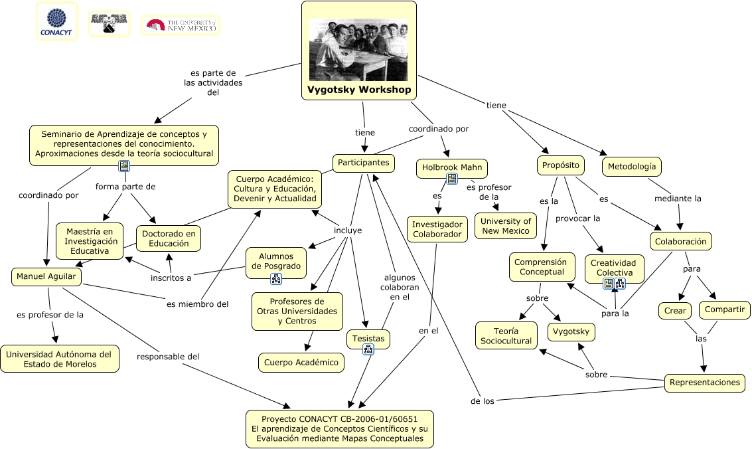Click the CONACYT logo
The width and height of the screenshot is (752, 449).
tap(56, 21)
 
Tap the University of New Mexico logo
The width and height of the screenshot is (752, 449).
tap(181, 25)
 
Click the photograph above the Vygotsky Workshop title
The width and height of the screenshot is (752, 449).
tap(358, 49)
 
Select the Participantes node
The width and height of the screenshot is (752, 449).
tap(363, 163)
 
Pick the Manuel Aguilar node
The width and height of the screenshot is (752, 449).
tap(46, 276)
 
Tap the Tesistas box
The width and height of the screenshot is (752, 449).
tap(368, 338)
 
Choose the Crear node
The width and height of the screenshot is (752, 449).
tap(675, 310)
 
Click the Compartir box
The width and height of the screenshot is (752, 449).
tap(724, 310)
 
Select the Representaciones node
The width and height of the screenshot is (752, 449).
tap(704, 382)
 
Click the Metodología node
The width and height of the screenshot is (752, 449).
tap(631, 166)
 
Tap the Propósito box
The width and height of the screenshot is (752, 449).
tap(560, 165)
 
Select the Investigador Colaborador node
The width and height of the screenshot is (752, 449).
tap(437, 229)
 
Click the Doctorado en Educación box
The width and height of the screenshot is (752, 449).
tap(169, 238)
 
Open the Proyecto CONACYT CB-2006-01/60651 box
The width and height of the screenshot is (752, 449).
tap(339, 428)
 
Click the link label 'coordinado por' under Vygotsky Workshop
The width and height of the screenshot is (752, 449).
tap(438, 129)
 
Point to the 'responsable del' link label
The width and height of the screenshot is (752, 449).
tap(168, 357)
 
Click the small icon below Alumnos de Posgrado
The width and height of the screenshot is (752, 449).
tap(276, 279)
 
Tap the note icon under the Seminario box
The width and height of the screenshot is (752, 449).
tap(123, 166)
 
